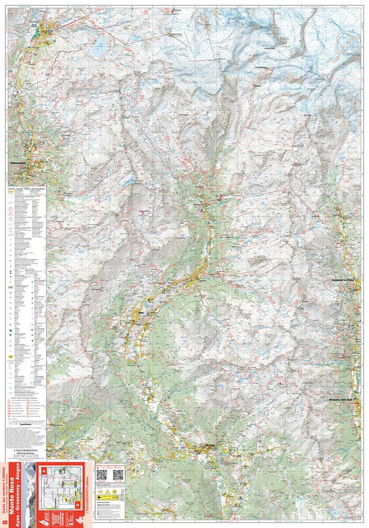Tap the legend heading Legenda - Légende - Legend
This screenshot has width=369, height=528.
(27, 188)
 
